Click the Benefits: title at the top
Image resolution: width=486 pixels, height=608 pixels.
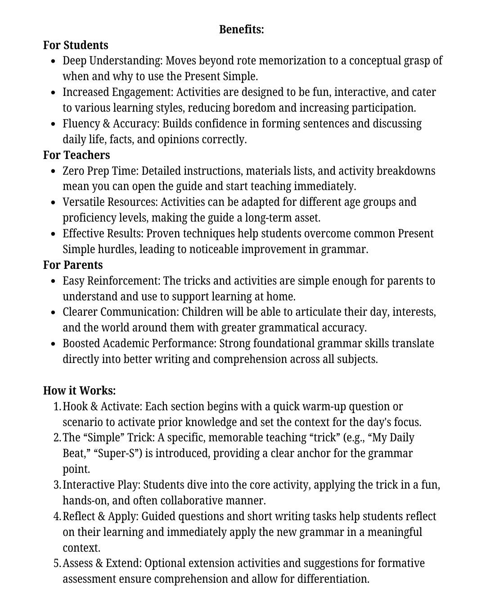pyautogui.click(x=242, y=30)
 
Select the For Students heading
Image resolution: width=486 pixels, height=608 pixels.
pyautogui.click(x=76, y=45)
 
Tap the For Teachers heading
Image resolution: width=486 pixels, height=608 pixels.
pyautogui.click(x=76, y=155)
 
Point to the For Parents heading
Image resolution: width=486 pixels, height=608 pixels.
pyautogui.click(x=73, y=265)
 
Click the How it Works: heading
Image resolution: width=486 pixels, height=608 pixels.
pyautogui.click(x=79, y=390)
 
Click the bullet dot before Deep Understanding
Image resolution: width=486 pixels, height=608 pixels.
pyautogui.click(x=54, y=61)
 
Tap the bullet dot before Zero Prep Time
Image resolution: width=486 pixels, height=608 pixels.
pyautogui.click(x=54, y=172)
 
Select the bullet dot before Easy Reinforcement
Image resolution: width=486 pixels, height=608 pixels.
pyautogui.click(x=54, y=281)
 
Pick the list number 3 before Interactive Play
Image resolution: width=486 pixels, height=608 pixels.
pyautogui.click(x=57, y=485)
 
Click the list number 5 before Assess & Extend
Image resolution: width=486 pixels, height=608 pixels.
pyautogui.click(x=57, y=563)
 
